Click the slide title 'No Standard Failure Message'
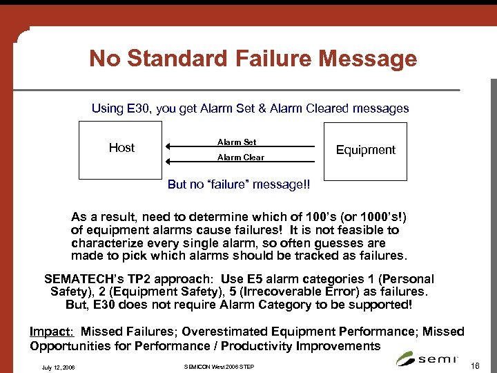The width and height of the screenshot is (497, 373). [x=253, y=59]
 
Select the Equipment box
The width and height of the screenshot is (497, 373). [x=365, y=150]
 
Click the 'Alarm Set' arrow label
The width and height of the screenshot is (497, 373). [x=237, y=142]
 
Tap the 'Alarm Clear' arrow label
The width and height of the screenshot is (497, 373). [x=240, y=157]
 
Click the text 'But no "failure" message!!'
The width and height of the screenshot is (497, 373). [x=239, y=185]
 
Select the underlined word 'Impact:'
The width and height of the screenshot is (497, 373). [x=52, y=332]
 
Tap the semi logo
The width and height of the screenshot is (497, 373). [x=427, y=358]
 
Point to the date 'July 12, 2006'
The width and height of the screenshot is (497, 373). [x=59, y=366]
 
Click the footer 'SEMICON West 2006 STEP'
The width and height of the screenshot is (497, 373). [x=219, y=366]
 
